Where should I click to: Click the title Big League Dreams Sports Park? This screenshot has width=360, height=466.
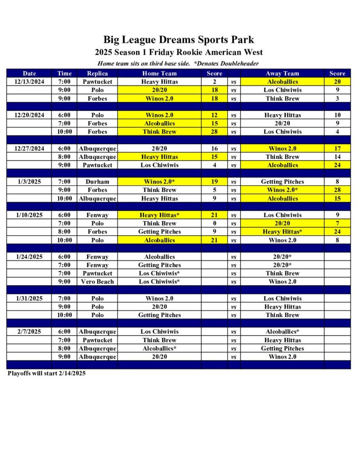click(178, 40)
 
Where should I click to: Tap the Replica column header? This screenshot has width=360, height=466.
click(97, 73)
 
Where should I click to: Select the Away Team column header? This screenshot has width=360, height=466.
click(282, 73)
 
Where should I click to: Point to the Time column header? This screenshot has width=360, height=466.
click(65, 73)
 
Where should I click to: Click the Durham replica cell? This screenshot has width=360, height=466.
click(97, 182)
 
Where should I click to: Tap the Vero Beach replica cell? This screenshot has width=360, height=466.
click(97, 282)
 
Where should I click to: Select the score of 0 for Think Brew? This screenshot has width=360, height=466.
click(214, 223)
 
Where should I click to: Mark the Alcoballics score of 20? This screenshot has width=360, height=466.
click(337, 82)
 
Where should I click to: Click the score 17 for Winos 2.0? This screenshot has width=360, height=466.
click(337, 148)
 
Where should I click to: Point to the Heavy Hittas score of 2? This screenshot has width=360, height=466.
click(214, 82)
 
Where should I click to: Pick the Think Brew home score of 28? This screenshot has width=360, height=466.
click(214, 132)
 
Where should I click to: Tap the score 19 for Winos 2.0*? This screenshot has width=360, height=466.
click(214, 182)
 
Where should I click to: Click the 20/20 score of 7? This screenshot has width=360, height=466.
click(337, 223)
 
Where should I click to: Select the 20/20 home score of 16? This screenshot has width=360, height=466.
click(214, 148)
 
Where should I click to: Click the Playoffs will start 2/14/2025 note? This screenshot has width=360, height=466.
click(47, 373)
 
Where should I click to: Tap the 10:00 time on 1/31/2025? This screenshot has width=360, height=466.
click(65, 315)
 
